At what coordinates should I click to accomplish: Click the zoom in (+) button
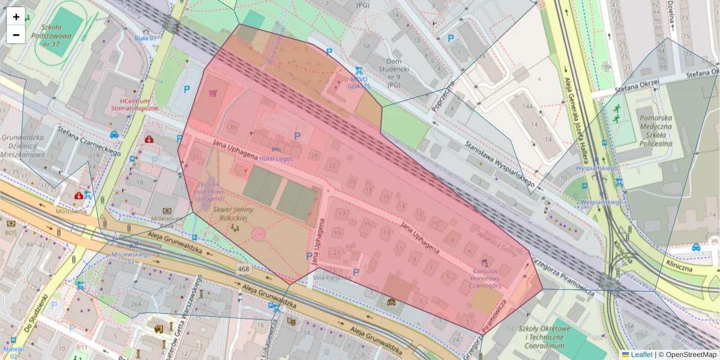(x=16, y=17)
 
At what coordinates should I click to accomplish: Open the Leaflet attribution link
(x=637, y=355)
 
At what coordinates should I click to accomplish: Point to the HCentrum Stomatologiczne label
(x=134, y=104)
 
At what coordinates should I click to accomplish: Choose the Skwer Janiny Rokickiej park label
(x=233, y=214)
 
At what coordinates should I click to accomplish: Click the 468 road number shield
(x=242, y=269)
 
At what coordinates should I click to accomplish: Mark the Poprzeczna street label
(x=443, y=96)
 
